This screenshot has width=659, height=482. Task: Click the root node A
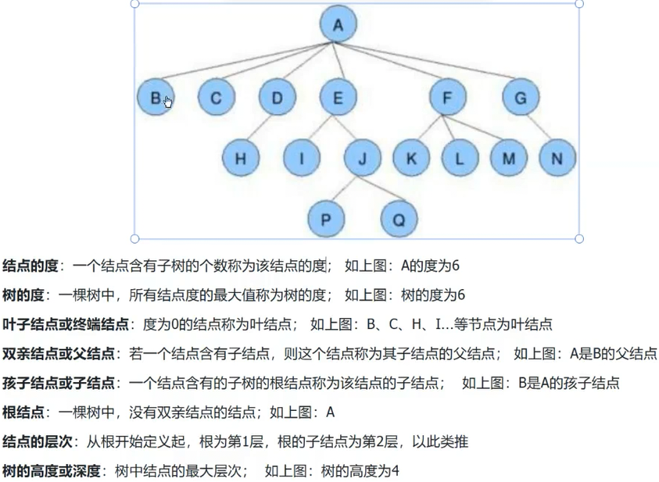pyautogui.click(x=338, y=24)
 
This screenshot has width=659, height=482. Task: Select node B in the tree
pyautogui.click(x=155, y=98)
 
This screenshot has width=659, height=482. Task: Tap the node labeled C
pyautogui.click(x=216, y=98)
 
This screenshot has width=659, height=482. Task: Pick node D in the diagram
pyautogui.click(x=277, y=98)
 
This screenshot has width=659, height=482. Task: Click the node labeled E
pyautogui.click(x=338, y=98)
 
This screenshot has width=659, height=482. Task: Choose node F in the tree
pyautogui.click(x=447, y=98)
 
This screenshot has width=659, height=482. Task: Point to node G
pyautogui.click(x=521, y=98)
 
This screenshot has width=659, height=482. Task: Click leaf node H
pyautogui.click(x=241, y=159)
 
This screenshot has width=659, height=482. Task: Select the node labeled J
pyautogui.click(x=362, y=159)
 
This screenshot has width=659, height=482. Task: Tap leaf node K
pyautogui.click(x=411, y=159)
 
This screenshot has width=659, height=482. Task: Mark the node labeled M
pyautogui.click(x=509, y=159)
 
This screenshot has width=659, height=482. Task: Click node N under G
pyautogui.click(x=557, y=159)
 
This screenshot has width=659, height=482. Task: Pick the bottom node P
pyautogui.click(x=326, y=219)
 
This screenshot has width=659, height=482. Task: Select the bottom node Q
pyautogui.click(x=399, y=219)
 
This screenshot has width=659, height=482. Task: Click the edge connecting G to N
pyautogui.click(x=539, y=128)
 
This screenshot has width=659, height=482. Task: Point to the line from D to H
pyautogui.click(x=260, y=128)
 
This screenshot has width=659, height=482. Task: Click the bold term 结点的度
pyautogui.click(x=30, y=266)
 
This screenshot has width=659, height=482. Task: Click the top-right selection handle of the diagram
pyautogui.click(x=579, y=3)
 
